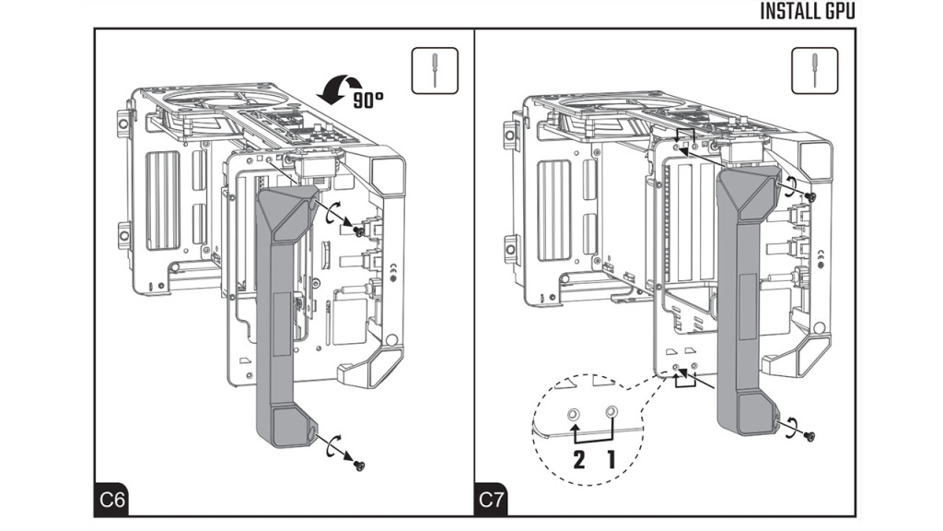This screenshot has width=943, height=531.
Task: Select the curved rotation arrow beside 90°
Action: click(x=330, y=90)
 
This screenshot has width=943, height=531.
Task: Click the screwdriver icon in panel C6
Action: click(x=433, y=70)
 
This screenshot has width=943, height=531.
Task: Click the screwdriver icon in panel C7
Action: click(x=813, y=70)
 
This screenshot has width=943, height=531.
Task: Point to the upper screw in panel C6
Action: click(x=357, y=231)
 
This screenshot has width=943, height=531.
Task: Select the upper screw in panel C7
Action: click(x=810, y=197)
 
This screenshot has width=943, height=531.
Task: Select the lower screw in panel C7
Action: click(x=809, y=435)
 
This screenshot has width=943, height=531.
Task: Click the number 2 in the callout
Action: click(x=578, y=458)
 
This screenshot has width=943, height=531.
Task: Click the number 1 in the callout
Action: click(x=610, y=458)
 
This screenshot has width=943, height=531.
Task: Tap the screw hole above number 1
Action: click(x=610, y=411)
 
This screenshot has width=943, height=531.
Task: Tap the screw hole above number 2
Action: click(x=575, y=412)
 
